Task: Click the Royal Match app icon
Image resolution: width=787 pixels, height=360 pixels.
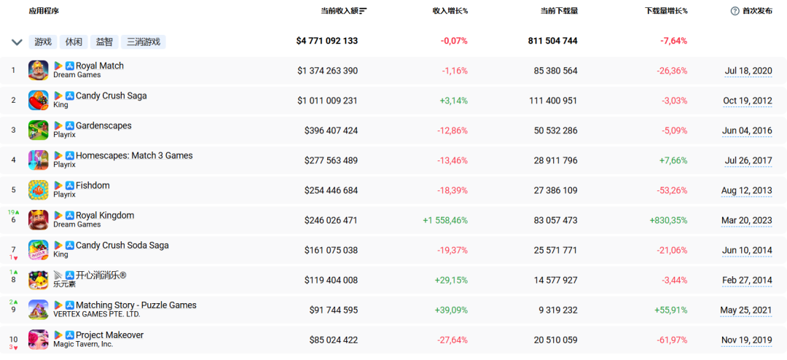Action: [38, 70]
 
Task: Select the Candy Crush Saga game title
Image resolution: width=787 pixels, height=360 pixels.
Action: [111, 95]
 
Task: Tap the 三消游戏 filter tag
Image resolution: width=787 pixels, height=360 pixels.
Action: [144, 42]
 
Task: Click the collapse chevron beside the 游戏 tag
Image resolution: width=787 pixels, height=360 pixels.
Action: [17, 42]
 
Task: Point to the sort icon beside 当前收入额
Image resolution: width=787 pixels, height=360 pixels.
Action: [363, 10]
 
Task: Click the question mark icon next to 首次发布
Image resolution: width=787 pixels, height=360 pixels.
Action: [735, 10]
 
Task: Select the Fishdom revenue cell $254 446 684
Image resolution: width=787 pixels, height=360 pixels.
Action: [332, 190]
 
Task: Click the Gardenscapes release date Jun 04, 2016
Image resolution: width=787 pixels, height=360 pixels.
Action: [747, 130]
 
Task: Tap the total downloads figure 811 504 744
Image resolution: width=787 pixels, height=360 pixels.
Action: [552, 41]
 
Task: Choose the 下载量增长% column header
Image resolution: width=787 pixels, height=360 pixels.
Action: [666, 10]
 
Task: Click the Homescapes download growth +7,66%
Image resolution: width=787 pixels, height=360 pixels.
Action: [671, 160]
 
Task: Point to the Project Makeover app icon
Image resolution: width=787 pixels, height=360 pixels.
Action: [38, 340]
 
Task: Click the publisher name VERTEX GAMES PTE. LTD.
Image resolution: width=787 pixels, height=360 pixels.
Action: [97, 314]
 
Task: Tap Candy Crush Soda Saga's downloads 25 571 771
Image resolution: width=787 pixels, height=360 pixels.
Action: [556, 250]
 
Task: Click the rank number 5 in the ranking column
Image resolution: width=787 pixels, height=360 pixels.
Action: [14, 190]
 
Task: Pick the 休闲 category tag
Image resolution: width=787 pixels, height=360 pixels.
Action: [74, 42]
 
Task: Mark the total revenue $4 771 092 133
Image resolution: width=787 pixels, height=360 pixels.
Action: [327, 41]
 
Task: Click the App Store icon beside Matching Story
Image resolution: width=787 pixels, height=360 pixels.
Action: [70, 305]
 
